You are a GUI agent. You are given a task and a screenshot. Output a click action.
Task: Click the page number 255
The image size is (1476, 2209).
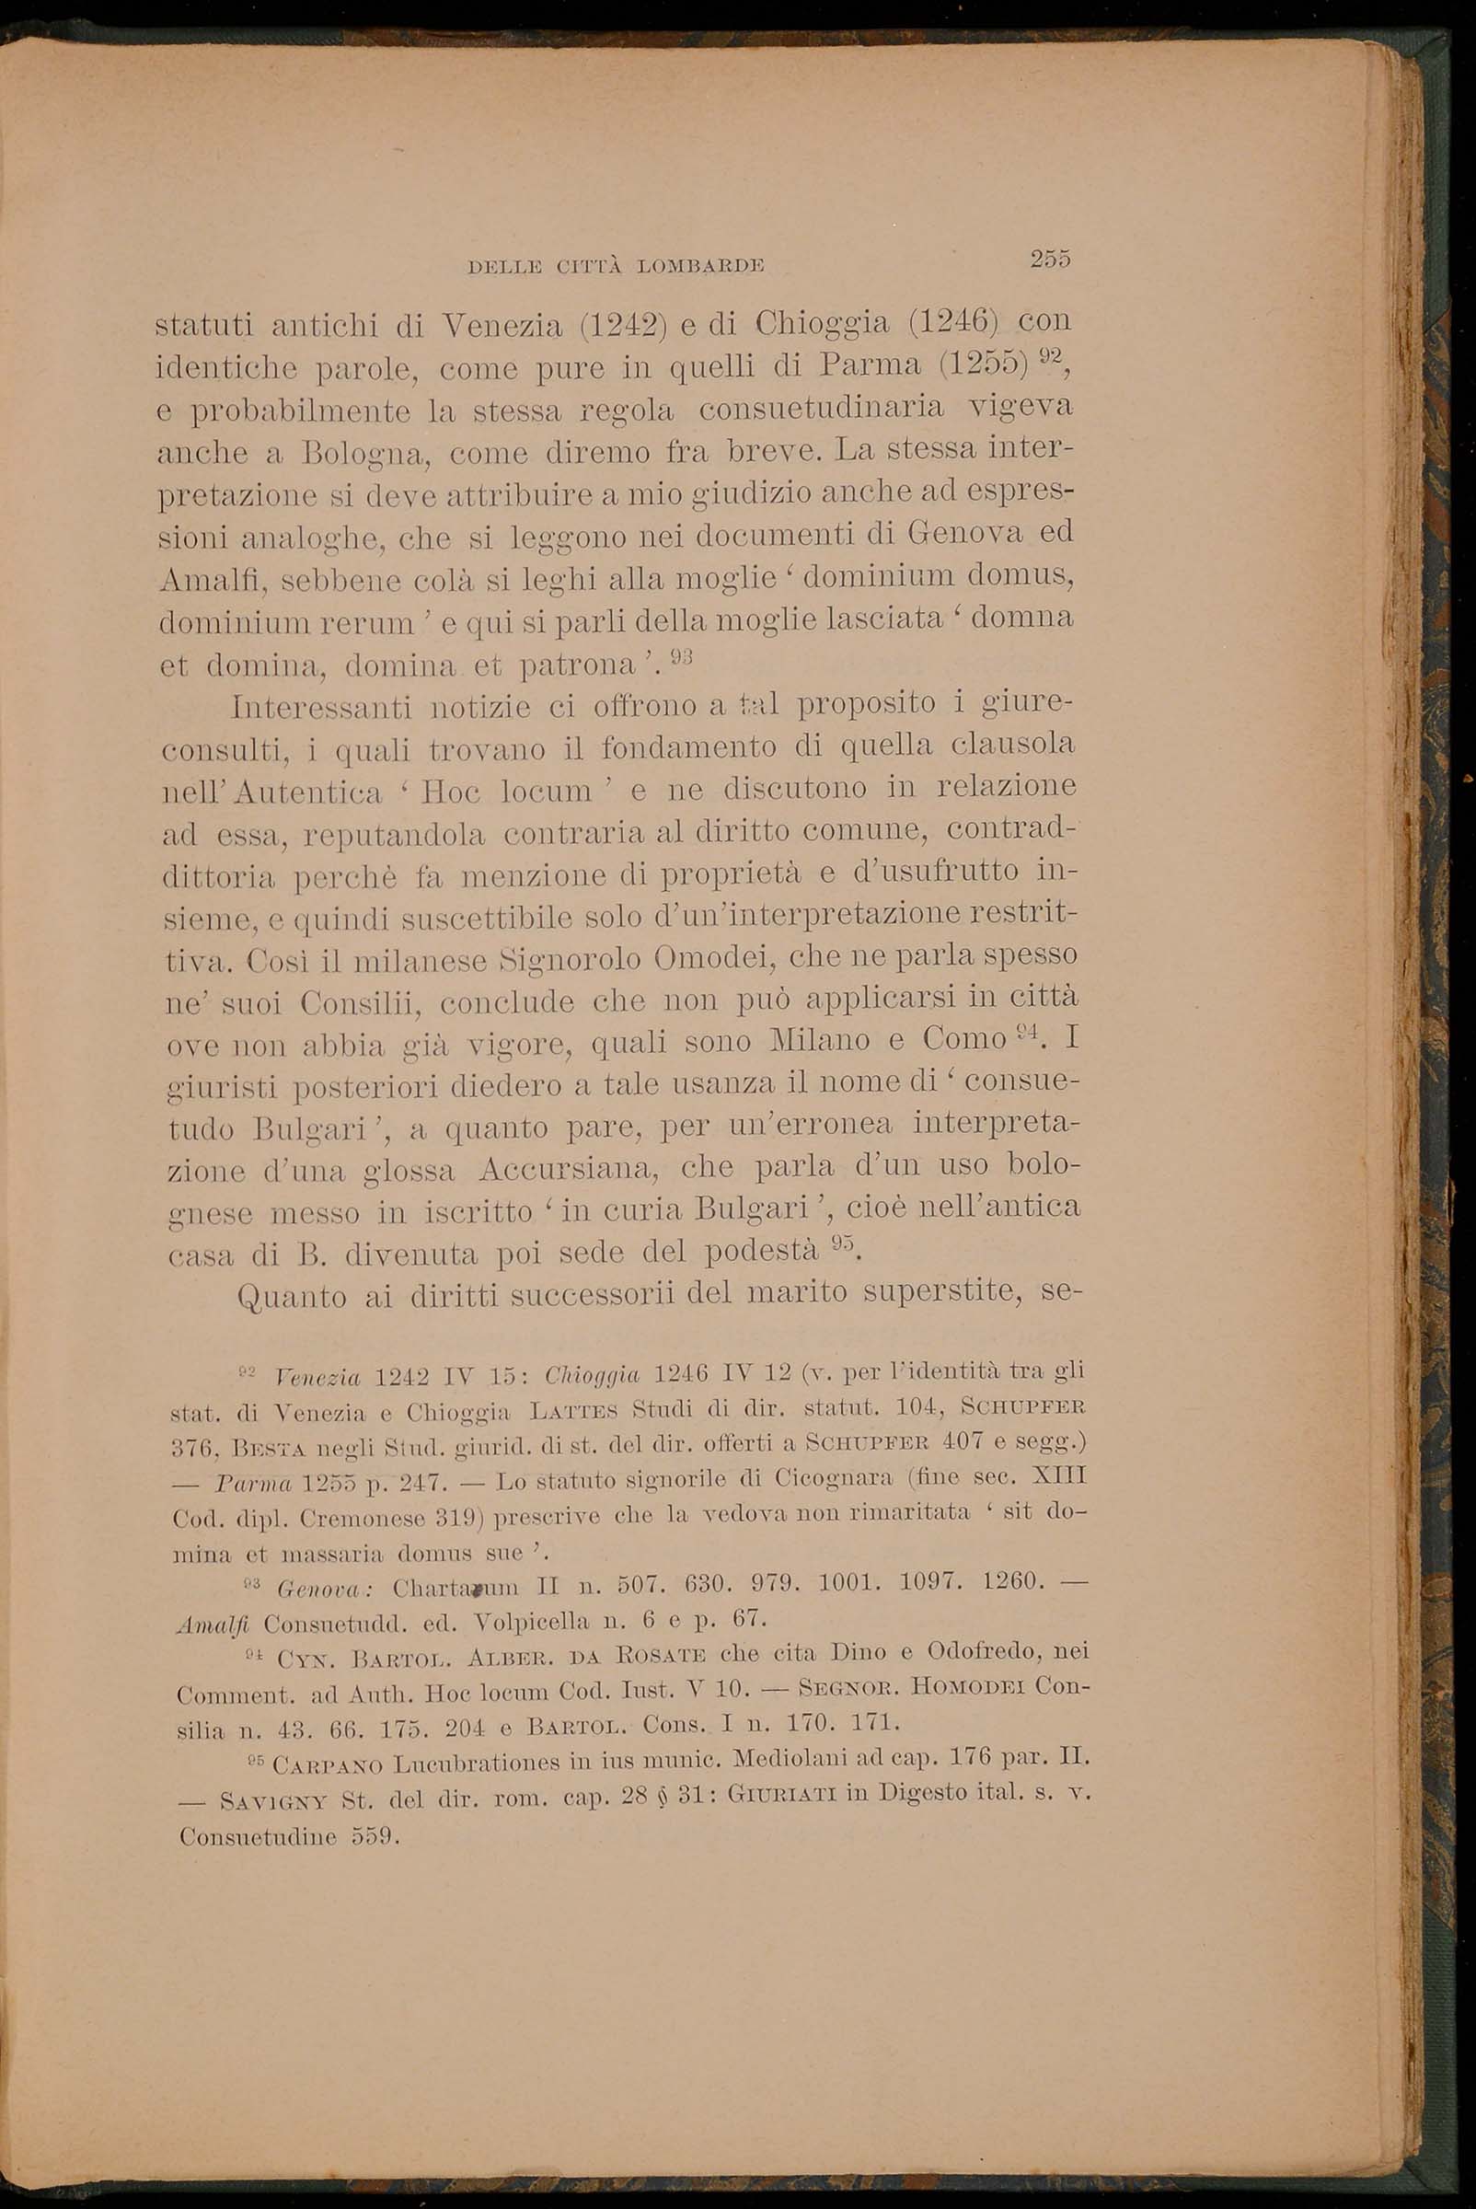tap(1051, 259)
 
